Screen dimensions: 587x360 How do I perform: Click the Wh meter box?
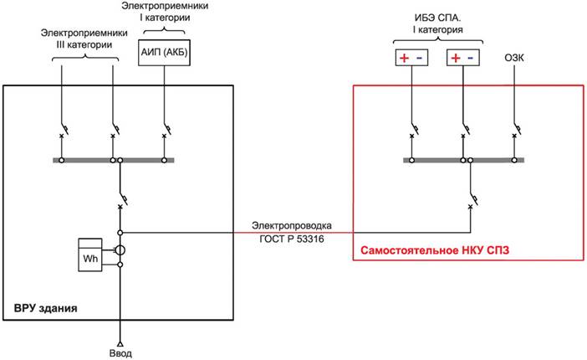(x=89, y=255)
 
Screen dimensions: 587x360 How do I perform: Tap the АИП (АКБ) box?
(x=164, y=53)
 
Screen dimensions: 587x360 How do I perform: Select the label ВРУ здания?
(x=46, y=308)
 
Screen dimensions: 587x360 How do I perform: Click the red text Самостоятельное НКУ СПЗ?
(x=435, y=250)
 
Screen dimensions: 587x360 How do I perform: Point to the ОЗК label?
(x=514, y=58)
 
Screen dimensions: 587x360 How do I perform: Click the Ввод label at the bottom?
(x=120, y=353)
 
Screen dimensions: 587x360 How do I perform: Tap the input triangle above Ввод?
(x=120, y=343)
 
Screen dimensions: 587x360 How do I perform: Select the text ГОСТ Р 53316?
(x=292, y=239)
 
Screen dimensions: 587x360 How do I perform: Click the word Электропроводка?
(x=292, y=226)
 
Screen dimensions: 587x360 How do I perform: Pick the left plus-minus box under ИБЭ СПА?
(x=411, y=58)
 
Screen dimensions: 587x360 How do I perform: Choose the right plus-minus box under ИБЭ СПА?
(x=463, y=58)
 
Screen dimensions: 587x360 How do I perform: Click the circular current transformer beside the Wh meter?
(x=120, y=250)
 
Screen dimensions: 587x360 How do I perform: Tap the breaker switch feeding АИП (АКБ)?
(x=166, y=130)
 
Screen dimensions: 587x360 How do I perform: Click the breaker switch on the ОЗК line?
(x=517, y=130)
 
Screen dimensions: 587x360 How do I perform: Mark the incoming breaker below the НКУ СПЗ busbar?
(x=473, y=199)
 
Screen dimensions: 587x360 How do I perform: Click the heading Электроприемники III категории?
(x=84, y=39)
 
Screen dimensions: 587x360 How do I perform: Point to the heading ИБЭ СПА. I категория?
(x=438, y=23)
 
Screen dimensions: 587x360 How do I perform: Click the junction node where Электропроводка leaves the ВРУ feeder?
(x=120, y=233)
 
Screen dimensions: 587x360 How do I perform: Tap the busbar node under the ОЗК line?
(x=514, y=160)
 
